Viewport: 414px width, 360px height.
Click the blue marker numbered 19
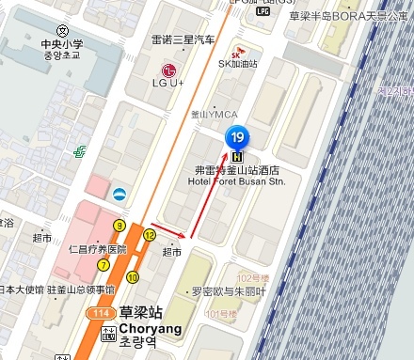(238, 137)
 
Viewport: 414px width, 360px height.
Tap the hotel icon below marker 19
(238, 156)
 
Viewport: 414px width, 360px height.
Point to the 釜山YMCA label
(215, 114)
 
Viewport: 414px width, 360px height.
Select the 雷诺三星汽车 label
(183, 39)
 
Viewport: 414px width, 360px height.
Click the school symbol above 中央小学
(62, 31)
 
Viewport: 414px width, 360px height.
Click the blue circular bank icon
(119, 195)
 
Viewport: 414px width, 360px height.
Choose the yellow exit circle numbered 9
(119, 226)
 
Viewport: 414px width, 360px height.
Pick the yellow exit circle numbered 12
(150, 235)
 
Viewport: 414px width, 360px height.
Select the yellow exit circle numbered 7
(103, 265)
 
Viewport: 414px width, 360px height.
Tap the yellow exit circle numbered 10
(133, 276)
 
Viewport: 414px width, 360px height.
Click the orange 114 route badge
(98, 312)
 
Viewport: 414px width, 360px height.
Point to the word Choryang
(150, 330)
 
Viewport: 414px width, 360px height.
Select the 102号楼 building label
(253, 279)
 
